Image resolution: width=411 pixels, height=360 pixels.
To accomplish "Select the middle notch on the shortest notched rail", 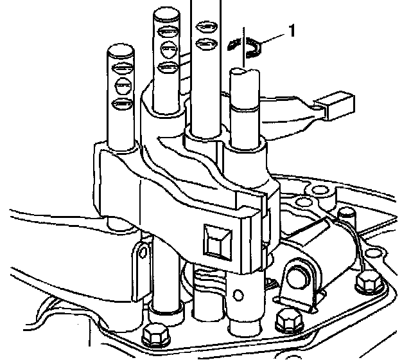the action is [x=121, y=85].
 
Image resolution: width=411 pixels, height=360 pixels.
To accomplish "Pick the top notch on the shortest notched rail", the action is [x=121, y=69].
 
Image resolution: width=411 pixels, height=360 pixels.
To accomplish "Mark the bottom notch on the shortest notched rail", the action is [x=121, y=103].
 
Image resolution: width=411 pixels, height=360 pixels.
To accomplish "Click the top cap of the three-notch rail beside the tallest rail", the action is [x=165, y=15].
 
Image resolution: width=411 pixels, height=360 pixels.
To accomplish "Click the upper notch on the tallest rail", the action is [x=206, y=28].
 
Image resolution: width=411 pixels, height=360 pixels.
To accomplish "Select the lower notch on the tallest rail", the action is [x=206, y=44].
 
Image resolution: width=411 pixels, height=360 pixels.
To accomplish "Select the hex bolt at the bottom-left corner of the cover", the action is [x=153, y=335].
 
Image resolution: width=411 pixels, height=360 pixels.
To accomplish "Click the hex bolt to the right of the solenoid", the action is [x=367, y=281].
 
